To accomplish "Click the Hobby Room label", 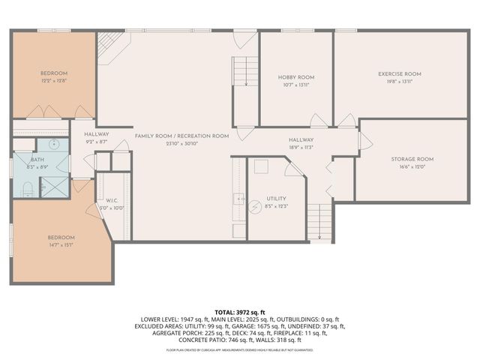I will (295, 77).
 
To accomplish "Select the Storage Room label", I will (412, 159).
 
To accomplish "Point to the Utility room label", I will (276, 199).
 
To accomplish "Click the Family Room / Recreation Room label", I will (181, 136).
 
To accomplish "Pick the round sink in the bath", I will (54, 144).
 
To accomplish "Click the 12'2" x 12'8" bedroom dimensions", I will (53, 80).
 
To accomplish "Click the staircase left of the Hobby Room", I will (243, 72).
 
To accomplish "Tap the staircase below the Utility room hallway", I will (320, 221).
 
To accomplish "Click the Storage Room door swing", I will (364, 141).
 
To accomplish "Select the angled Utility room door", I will (298, 166).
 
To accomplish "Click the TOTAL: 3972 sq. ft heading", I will (241, 310).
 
